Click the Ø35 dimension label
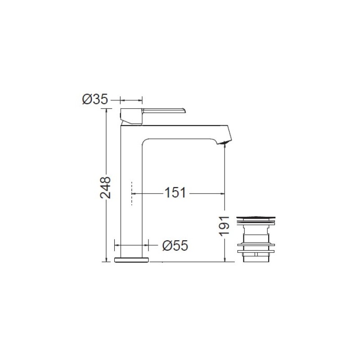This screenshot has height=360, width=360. tap(95, 99)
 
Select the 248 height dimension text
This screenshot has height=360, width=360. tap(105, 188)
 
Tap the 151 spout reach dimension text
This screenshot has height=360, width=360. tap(175, 193)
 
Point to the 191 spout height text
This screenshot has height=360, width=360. tap(224, 226)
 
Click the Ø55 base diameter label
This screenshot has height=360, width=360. tap(175, 245)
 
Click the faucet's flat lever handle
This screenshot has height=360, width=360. tap(164, 111)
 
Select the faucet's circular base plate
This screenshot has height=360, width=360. tap(131, 260)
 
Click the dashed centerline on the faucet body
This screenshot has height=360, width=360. tap(132, 193)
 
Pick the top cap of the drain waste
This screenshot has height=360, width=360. tap(256, 218)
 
